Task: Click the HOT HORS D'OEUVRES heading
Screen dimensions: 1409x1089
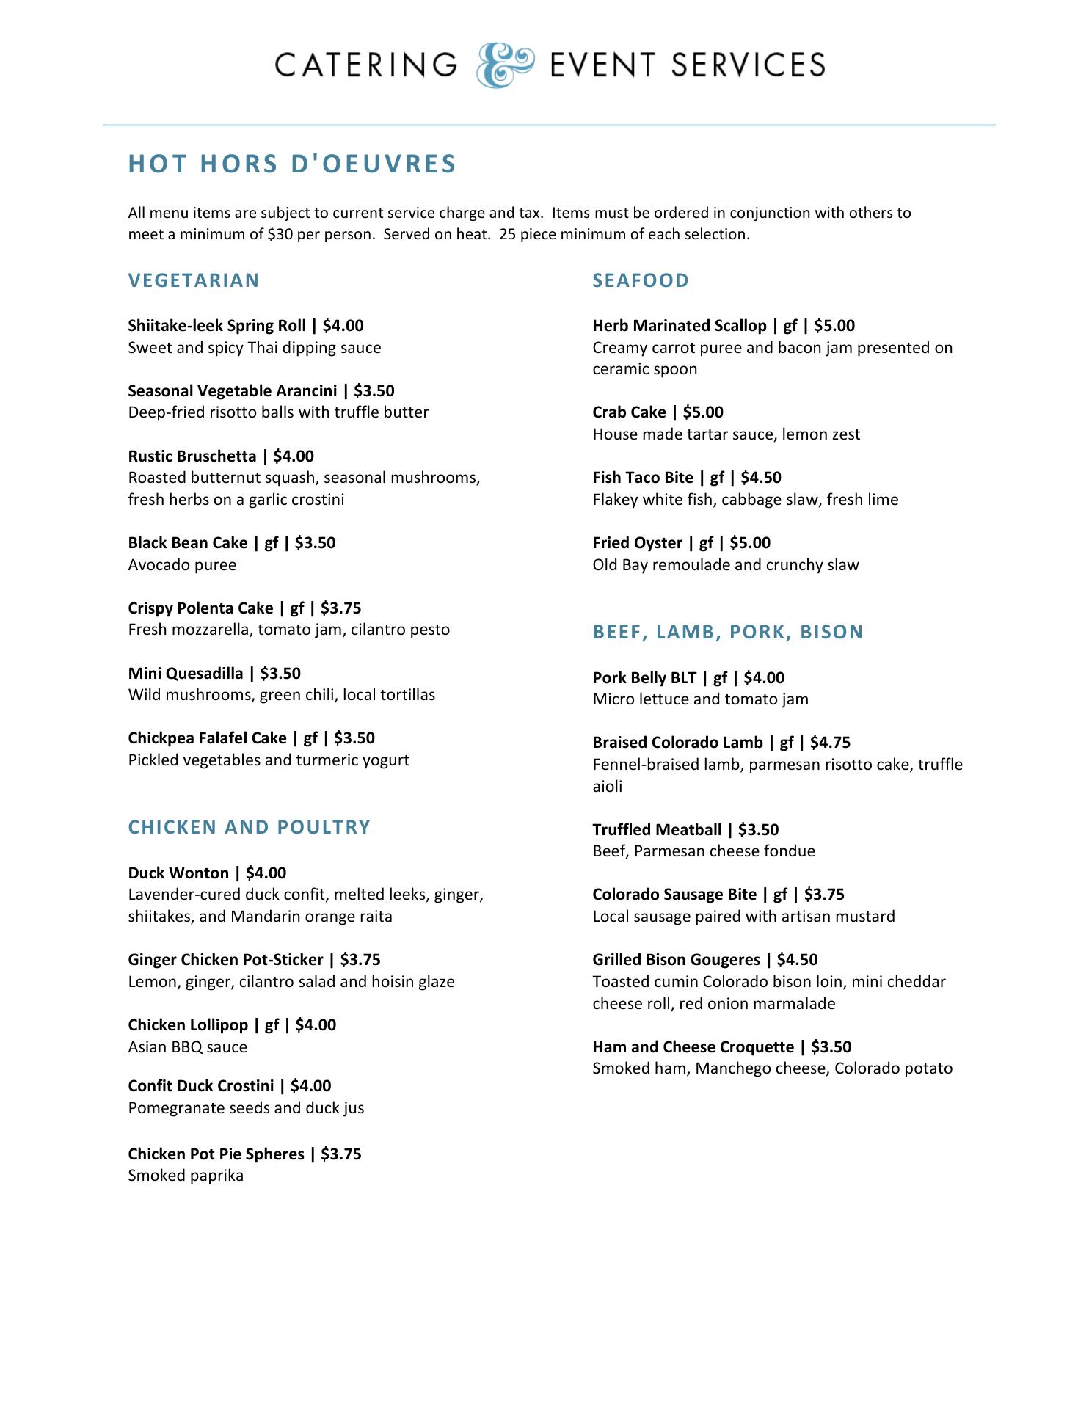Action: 292,164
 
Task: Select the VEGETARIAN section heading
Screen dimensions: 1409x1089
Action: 194,280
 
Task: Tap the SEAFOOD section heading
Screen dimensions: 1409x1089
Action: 641,280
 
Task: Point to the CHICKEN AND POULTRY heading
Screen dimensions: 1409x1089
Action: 250,827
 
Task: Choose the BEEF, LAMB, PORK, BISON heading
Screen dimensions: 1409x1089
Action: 728,632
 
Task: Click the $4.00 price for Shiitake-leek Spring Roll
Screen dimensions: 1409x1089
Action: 343,325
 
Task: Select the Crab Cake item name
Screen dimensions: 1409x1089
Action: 629,412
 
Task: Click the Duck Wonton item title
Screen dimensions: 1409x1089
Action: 178,873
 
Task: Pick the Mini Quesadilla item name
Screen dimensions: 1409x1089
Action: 186,674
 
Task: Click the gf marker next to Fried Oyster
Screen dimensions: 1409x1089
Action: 706,543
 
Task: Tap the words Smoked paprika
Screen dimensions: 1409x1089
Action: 186,1176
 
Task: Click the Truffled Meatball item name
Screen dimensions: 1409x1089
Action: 657,830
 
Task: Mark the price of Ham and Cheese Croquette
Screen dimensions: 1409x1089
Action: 831,1047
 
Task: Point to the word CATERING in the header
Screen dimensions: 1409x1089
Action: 366,65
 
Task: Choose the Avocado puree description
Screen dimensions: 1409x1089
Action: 182,565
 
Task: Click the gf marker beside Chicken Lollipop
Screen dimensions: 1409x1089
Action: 272,1025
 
